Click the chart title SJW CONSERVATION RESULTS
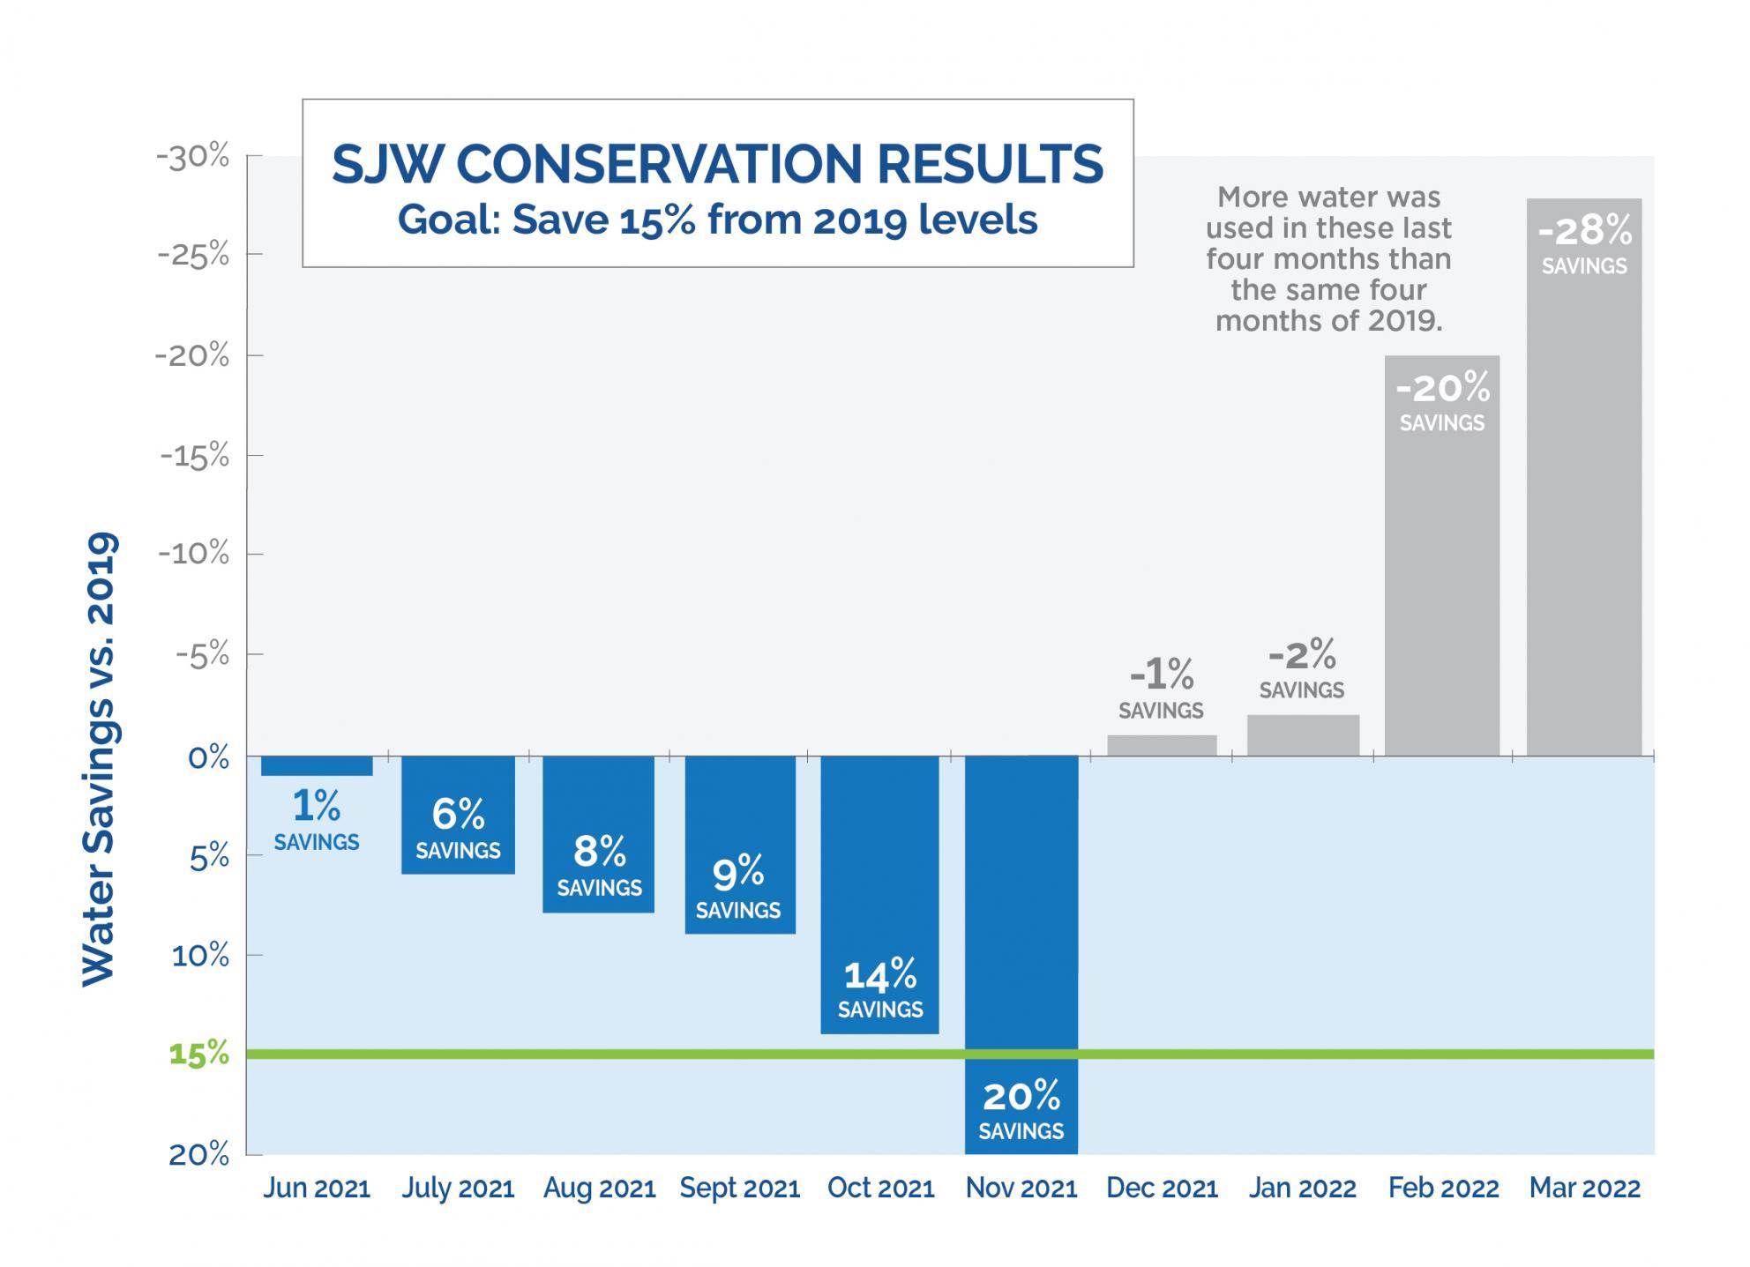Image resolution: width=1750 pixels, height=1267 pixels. pyautogui.click(x=717, y=164)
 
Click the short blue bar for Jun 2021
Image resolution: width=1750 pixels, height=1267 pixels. pyautogui.click(x=317, y=766)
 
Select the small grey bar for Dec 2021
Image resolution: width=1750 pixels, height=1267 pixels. pyautogui.click(x=1162, y=746)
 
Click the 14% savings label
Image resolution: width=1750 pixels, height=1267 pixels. pyautogui.click(x=879, y=988)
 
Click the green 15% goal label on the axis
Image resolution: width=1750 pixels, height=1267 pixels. pyautogui.click(x=198, y=1055)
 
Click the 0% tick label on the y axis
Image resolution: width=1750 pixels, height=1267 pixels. pyautogui.click(x=208, y=757)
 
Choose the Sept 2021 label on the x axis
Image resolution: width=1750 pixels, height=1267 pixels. pyautogui.click(x=739, y=1189)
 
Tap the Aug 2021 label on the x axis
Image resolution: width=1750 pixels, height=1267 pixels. pyautogui.click(x=599, y=1189)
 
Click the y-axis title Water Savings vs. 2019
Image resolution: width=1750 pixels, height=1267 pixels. pyautogui.click(x=99, y=758)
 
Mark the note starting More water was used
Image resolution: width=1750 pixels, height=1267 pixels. pyautogui.click(x=1327, y=259)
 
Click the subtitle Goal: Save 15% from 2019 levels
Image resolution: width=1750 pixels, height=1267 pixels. pyautogui.click(x=717, y=220)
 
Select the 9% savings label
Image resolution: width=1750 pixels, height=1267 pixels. pyautogui.click(x=738, y=886)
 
